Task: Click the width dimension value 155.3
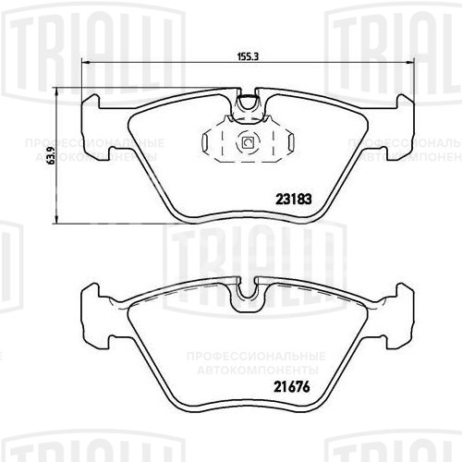pyautogui.click(x=245, y=55)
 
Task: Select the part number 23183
pyautogui.click(x=292, y=197)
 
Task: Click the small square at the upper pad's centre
pyautogui.click(x=247, y=142)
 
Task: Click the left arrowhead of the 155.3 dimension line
pyautogui.click(x=89, y=63)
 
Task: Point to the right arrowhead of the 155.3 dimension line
pyautogui.click(x=404, y=63)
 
